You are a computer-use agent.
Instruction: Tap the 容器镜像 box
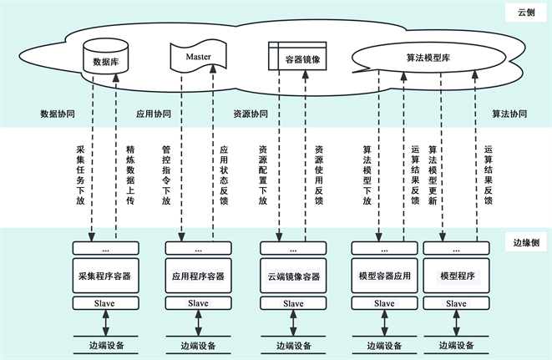click(297, 59)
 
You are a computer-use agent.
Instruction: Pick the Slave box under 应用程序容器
click(198, 303)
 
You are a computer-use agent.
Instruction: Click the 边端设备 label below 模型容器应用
click(384, 345)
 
